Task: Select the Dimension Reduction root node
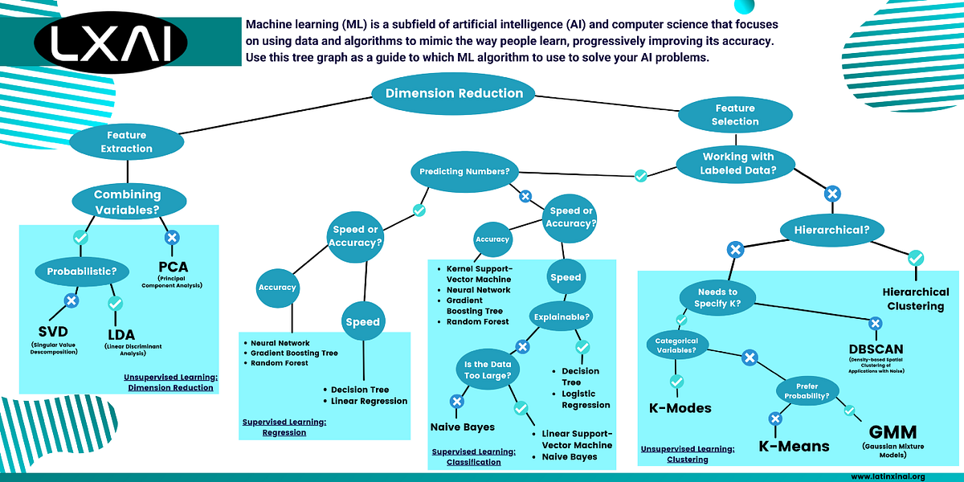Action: [x=454, y=93]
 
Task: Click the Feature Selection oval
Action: [x=734, y=115]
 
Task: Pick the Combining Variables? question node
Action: [x=127, y=201]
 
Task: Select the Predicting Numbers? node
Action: [x=465, y=171]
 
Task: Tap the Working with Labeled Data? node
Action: [x=737, y=163]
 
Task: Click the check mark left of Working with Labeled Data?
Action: [x=640, y=175]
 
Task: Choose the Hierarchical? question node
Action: [x=832, y=231]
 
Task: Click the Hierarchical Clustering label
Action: [x=915, y=299]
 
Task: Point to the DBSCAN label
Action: [x=876, y=349]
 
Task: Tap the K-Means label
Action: [x=794, y=446]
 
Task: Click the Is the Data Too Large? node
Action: [x=487, y=370]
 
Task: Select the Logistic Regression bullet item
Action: [x=586, y=399]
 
